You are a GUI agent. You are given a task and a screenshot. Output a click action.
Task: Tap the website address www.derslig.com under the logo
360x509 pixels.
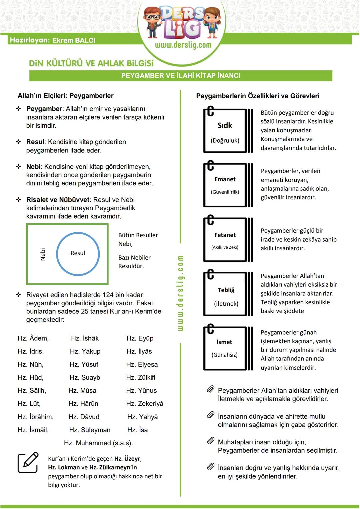183,45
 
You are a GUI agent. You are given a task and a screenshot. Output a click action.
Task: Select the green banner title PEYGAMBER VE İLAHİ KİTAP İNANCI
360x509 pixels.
181,76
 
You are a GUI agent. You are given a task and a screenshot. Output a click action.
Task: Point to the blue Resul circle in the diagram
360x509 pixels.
78,254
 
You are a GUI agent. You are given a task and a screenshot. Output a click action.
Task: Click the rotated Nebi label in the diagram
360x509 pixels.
43,254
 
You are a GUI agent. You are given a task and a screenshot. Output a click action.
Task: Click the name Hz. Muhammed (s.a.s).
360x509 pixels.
98,443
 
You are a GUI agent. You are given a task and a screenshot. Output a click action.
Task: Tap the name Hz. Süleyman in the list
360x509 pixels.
90,430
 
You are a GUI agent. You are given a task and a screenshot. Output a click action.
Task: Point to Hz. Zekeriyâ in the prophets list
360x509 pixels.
145,404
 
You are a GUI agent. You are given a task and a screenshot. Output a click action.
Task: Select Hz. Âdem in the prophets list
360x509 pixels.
33,338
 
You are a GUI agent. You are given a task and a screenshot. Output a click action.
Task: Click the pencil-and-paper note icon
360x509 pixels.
28,463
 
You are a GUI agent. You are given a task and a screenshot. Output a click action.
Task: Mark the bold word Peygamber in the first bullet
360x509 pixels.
44,109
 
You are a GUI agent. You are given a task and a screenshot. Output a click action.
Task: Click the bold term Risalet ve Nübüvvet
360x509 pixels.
58,200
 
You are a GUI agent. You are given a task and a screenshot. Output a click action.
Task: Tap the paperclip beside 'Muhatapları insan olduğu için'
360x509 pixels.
211,441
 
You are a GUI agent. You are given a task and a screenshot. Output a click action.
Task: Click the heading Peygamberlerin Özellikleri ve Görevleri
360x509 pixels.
258,96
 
